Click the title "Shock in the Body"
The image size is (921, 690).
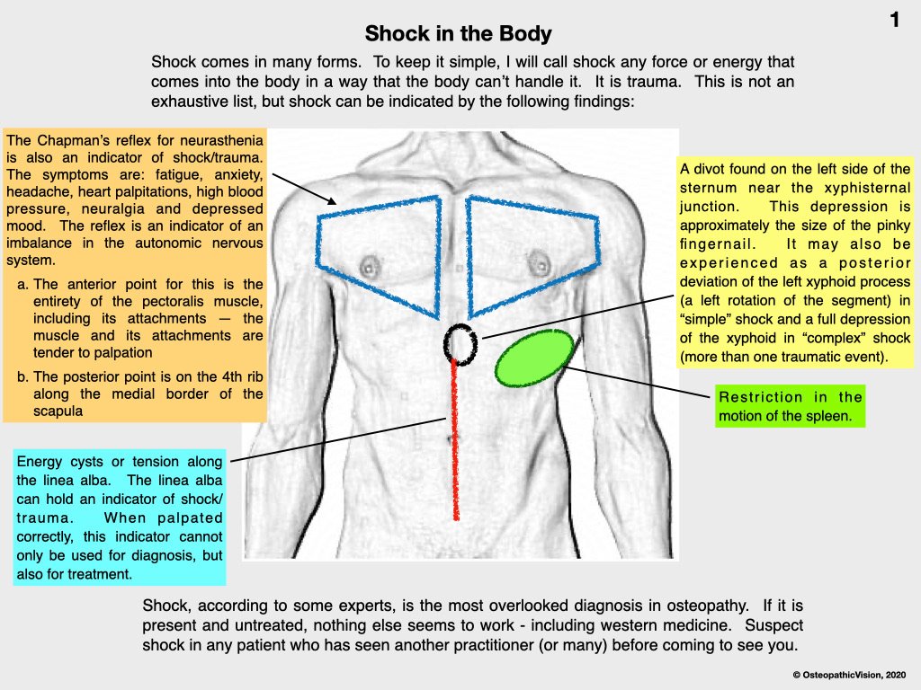point(458,34)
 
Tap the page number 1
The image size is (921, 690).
point(895,20)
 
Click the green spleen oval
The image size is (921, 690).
point(534,358)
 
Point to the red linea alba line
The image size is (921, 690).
point(454,440)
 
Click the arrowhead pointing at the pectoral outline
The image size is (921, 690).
point(333,201)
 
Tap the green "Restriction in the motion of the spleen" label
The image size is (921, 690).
point(790,406)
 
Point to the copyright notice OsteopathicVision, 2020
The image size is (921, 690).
point(849,676)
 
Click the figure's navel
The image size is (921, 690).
point(453,438)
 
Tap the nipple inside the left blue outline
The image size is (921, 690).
point(370,267)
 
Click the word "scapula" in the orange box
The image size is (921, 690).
point(58,411)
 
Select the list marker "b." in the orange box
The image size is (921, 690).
point(22,376)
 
